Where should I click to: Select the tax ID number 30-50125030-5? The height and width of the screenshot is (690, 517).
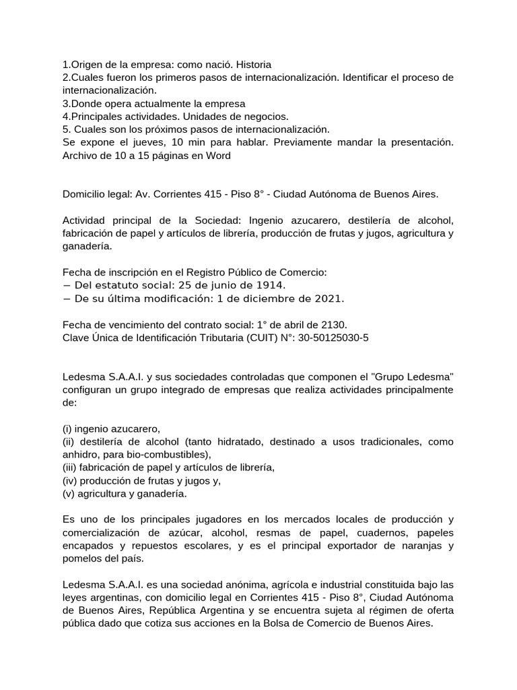pyautogui.click(x=335, y=337)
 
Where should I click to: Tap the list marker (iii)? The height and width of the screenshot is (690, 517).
pyautogui.click(x=71, y=468)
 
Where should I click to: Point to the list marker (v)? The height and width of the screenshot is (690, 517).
pyautogui.click(x=69, y=493)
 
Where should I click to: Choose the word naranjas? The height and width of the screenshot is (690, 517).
pyautogui.click(x=415, y=545)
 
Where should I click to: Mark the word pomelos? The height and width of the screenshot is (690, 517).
pyautogui.click(x=83, y=558)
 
